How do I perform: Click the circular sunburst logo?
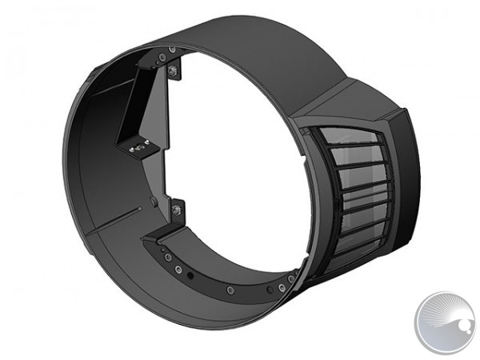(444, 322)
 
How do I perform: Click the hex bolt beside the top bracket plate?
(172, 71)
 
